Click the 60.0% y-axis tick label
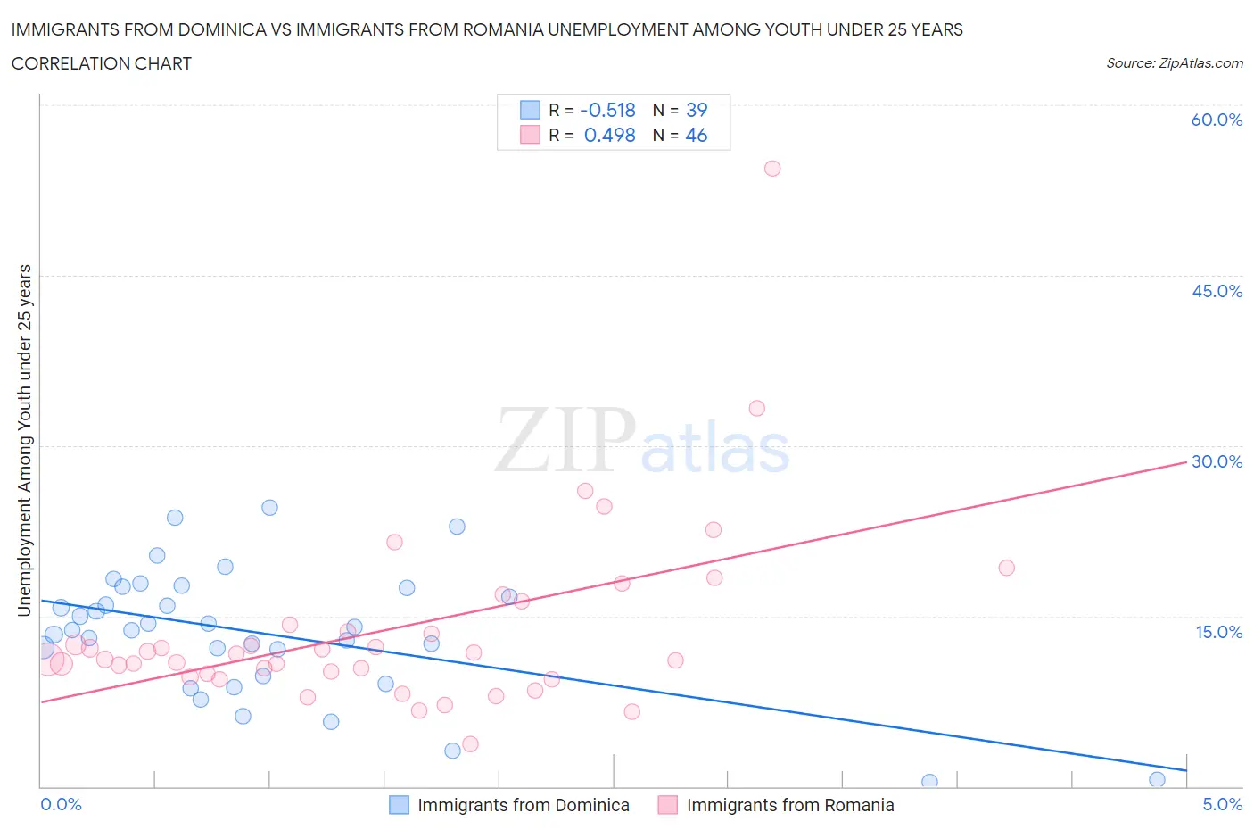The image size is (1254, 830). coord(1217,120)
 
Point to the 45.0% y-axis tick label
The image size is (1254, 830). coord(1217,292)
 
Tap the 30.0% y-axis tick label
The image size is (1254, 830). coord(1217,462)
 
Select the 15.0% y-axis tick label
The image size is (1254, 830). coord(1218,633)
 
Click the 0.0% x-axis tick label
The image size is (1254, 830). coord(61,805)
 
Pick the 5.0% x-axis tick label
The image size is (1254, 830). coord(1222,805)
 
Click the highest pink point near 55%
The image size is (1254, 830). coord(772,169)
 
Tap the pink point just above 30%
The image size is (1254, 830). coord(757,409)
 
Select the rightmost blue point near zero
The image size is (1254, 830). coord(1157,780)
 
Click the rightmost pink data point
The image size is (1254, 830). coord(1007,568)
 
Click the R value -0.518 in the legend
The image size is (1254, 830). coord(607,111)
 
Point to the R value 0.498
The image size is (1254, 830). coord(609,136)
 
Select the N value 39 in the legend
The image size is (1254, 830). coord(697,111)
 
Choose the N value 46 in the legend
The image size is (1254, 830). coord(697,136)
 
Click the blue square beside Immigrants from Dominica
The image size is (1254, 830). coord(399,806)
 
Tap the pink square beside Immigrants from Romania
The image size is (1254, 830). coord(667,806)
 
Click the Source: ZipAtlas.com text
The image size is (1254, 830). coord(1174,63)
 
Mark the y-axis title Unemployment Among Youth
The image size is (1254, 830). coord(25,440)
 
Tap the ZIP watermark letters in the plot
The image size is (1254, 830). coord(565,439)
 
